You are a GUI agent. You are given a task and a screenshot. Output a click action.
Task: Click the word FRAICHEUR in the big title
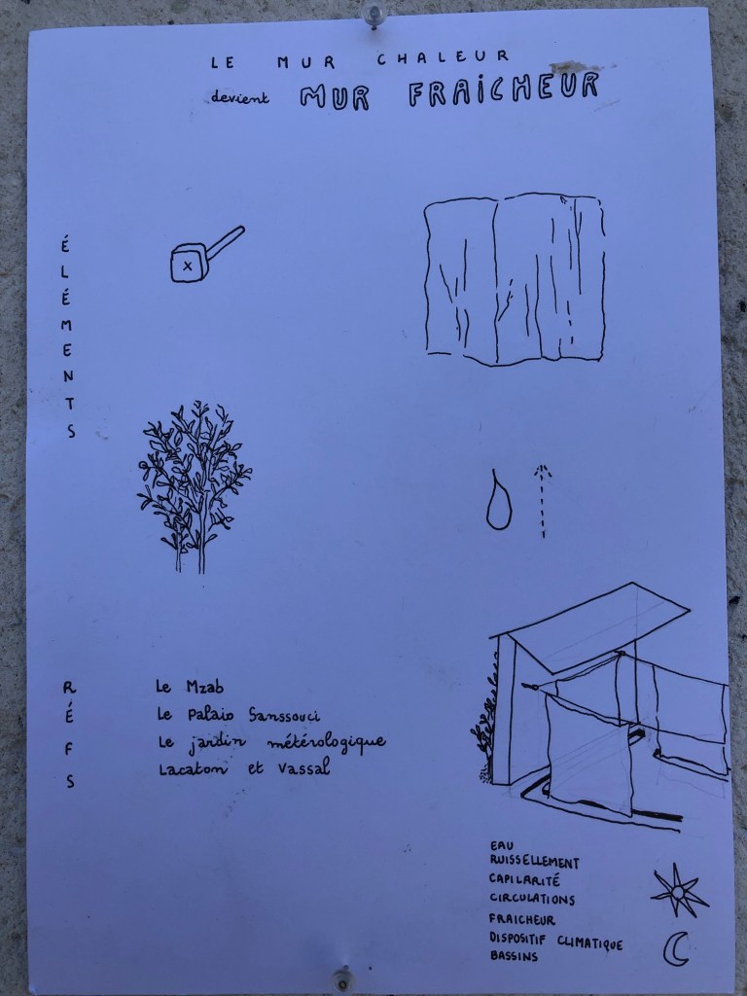pyautogui.click(x=504, y=89)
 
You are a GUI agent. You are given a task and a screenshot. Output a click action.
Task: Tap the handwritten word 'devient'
pyautogui.click(x=240, y=96)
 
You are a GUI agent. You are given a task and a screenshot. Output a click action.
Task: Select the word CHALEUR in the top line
pyautogui.click(x=443, y=57)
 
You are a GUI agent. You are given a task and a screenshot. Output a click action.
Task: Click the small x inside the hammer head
pyautogui.click(x=188, y=267)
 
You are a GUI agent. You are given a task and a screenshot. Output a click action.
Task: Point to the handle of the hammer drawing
pyautogui.click(x=225, y=242)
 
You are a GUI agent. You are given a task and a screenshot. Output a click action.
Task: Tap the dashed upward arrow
pyautogui.click(x=543, y=501)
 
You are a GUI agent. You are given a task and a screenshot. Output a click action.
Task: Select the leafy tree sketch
pyautogui.click(x=194, y=486)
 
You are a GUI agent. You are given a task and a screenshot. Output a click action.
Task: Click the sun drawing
pyautogui.click(x=679, y=890)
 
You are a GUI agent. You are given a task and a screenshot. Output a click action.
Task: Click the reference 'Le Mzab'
pyautogui.click(x=190, y=687)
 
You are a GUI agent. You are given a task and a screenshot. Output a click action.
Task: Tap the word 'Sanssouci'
pyautogui.click(x=284, y=715)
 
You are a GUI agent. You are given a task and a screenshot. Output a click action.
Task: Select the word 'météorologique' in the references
pyautogui.click(x=326, y=742)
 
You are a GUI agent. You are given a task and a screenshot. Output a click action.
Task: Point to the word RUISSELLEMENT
pyautogui.click(x=534, y=862)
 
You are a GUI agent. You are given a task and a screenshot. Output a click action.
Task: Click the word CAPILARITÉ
pyautogui.click(x=524, y=879)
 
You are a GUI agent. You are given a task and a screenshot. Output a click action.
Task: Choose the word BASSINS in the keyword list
pyautogui.click(x=514, y=955)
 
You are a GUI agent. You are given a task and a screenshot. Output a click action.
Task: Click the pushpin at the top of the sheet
pyautogui.click(x=373, y=16)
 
